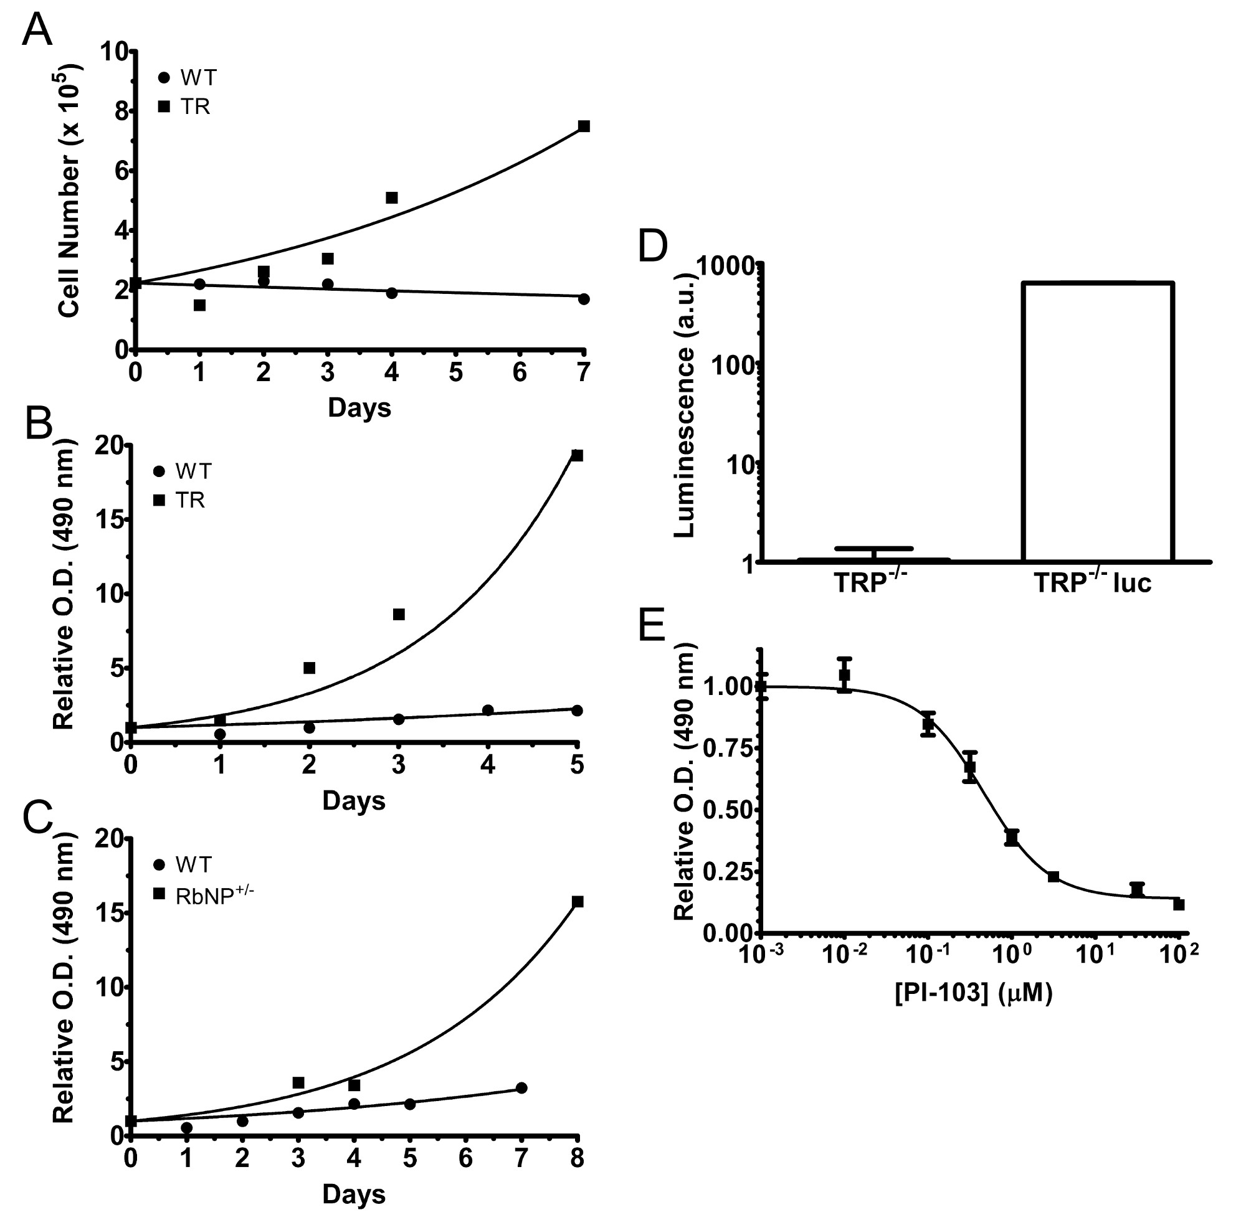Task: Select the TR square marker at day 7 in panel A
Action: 583,126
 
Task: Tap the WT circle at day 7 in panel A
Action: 583,299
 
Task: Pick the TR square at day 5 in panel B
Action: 577,456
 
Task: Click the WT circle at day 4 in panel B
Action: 488,710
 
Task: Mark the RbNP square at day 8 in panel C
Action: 578,902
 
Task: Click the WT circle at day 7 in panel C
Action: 521,1088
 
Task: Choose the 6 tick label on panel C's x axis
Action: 465,1159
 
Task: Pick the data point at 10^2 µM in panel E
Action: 1179,905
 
